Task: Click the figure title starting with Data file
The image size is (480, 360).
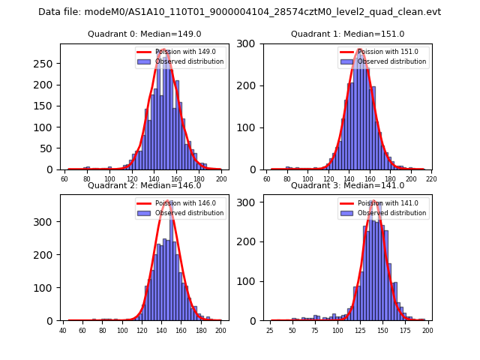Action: (240, 12)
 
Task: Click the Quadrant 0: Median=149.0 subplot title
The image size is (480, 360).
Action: (144, 34)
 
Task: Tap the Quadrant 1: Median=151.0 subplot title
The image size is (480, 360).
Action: (347, 34)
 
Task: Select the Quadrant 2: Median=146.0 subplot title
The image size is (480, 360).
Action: (144, 185)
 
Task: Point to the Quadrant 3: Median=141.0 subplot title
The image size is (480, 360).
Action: (347, 185)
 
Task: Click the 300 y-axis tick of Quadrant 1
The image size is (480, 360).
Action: (249, 43)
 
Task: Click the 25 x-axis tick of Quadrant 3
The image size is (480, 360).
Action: (269, 331)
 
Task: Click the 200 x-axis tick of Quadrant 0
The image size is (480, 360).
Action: (221, 179)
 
